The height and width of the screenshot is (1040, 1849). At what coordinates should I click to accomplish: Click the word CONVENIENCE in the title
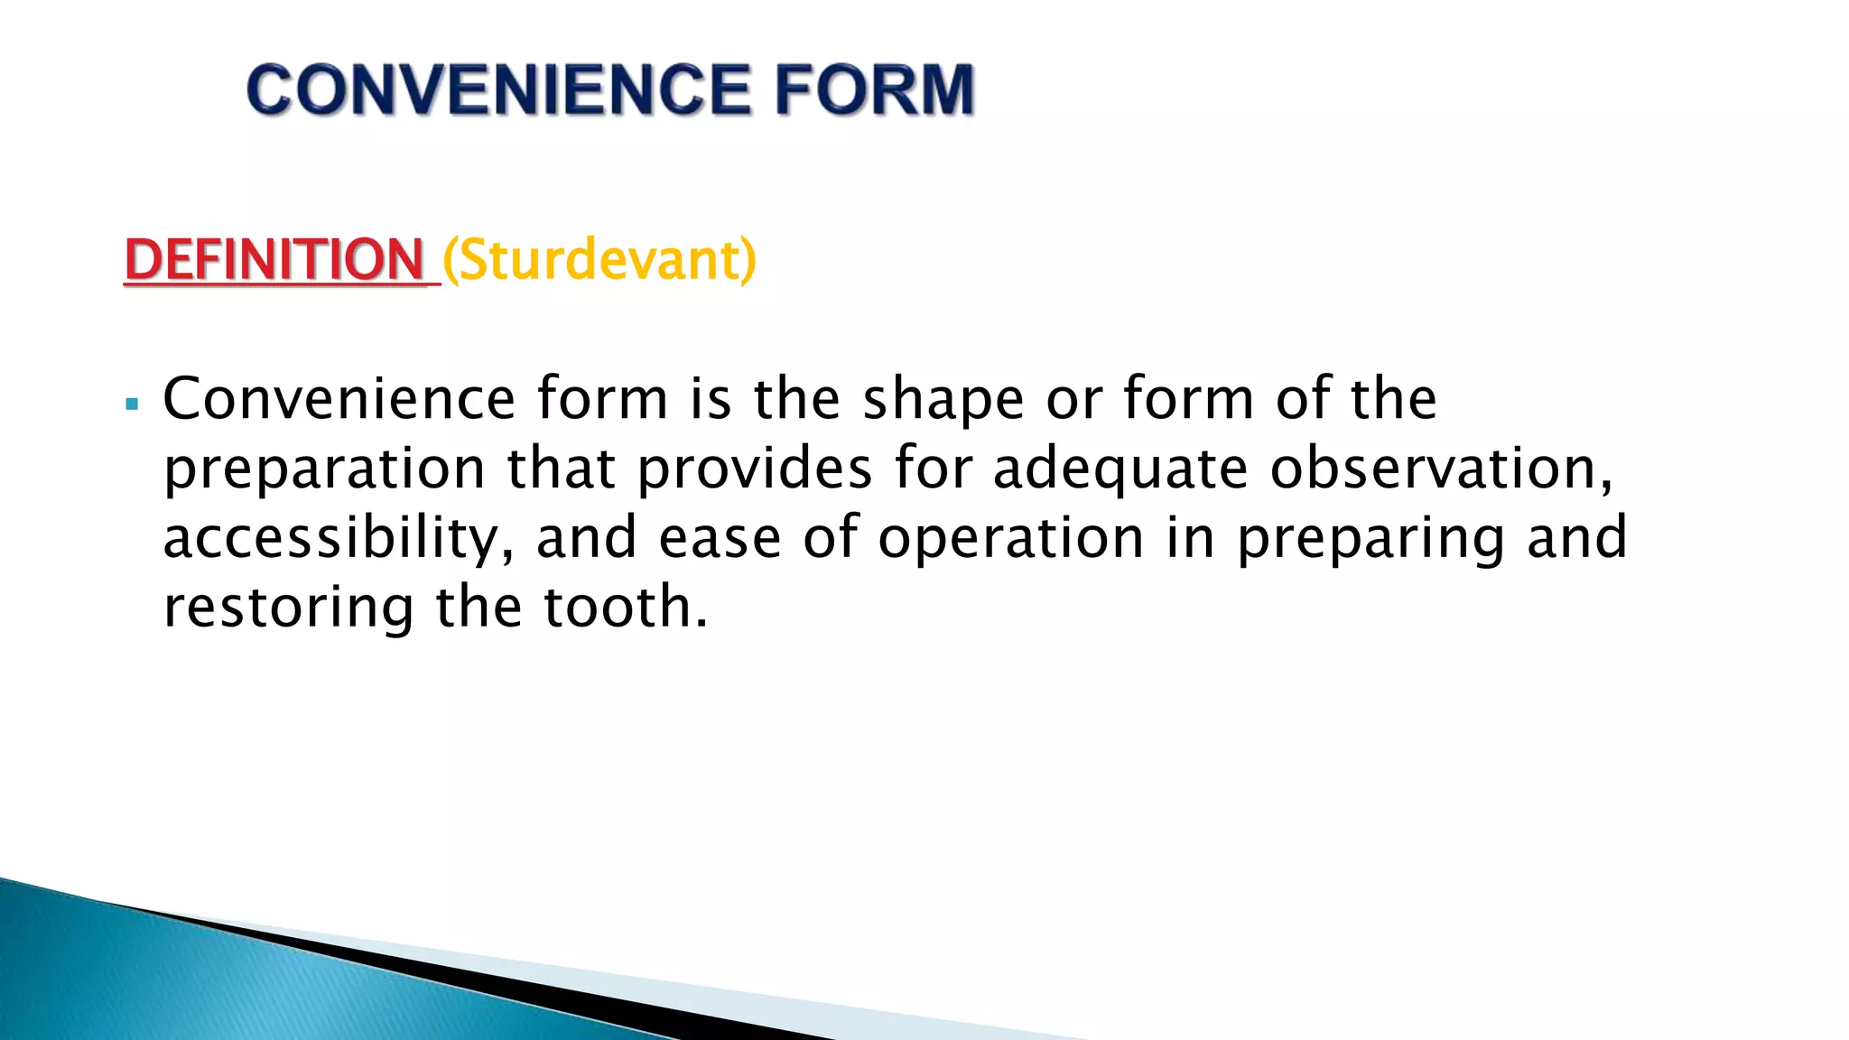pyautogui.click(x=497, y=90)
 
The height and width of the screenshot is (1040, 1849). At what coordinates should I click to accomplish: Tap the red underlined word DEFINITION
pyautogui.click(x=274, y=260)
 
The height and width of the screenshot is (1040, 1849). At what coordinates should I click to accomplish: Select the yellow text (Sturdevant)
pyautogui.click(x=599, y=260)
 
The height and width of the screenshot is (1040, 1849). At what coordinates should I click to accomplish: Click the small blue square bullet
pyautogui.click(x=133, y=404)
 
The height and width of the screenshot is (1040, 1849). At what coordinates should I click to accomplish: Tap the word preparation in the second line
pyautogui.click(x=324, y=469)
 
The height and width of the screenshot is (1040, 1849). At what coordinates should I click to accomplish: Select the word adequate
pyautogui.click(x=1120, y=469)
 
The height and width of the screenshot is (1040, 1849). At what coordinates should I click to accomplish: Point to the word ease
pyautogui.click(x=720, y=538)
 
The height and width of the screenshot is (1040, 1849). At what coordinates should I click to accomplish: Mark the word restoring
pyautogui.click(x=288, y=608)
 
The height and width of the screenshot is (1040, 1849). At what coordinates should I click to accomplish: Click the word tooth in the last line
pyautogui.click(x=625, y=607)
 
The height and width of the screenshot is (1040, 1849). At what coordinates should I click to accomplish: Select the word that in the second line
pyautogui.click(x=561, y=469)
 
